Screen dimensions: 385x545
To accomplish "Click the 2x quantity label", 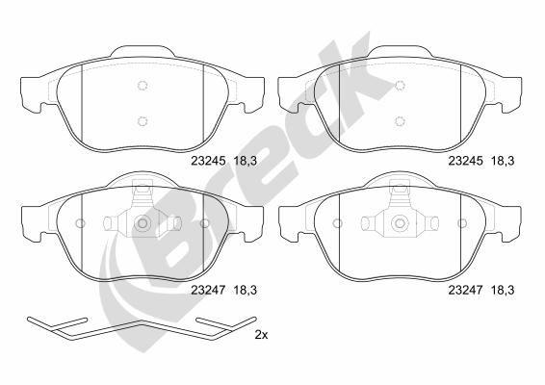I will (x=262, y=335).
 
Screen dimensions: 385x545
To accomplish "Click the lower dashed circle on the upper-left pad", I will (x=143, y=120).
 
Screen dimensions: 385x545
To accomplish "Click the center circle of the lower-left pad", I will (x=143, y=223).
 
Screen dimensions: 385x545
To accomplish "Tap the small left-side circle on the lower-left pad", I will (x=80, y=223).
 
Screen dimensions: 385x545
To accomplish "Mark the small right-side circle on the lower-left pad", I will (x=205, y=223).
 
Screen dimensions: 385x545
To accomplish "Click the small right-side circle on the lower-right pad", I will (x=463, y=223).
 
